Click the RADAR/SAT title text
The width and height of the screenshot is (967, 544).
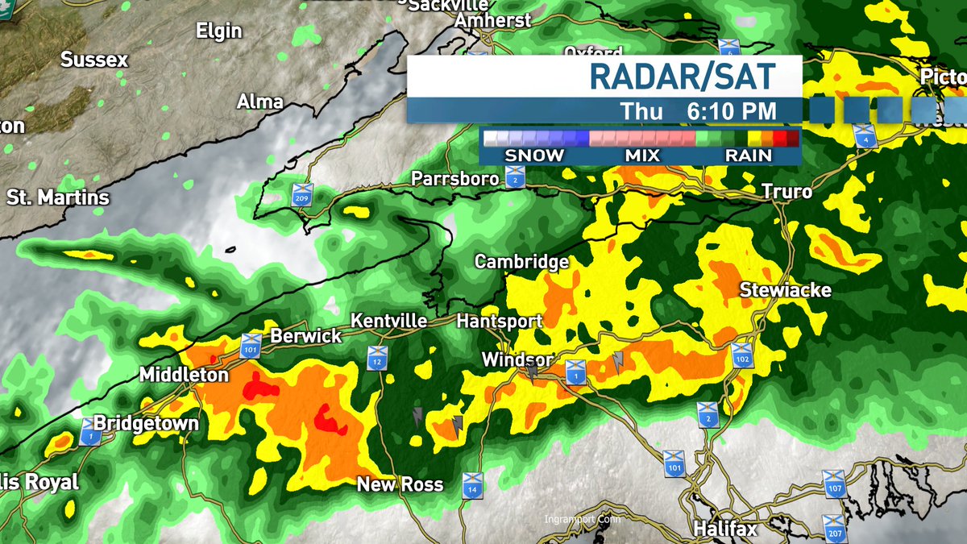tap(682, 76)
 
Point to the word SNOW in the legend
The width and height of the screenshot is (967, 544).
tap(534, 156)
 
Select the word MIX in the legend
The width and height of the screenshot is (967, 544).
tap(641, 156)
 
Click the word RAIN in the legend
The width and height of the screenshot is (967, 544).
tap(749, 156)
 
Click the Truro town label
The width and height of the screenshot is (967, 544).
tap(787, 192)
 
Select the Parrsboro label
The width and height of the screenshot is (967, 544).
tap(455, 179)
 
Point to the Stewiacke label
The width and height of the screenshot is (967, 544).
tap(785, 289)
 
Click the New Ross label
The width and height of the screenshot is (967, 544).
tap(400, 484)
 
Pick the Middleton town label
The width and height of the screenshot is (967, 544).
tap(184, 375)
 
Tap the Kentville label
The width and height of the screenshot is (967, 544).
tap(389, 321)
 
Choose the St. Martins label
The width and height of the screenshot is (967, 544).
tap(57, 197)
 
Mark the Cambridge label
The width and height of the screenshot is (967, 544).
tap(521, 262)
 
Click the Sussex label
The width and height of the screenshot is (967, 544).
tap(94, 60)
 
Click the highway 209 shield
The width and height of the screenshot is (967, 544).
tap(302, 194)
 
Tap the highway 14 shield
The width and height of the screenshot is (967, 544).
tap(473, 485)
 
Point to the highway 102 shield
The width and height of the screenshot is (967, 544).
tap(742, 355)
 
